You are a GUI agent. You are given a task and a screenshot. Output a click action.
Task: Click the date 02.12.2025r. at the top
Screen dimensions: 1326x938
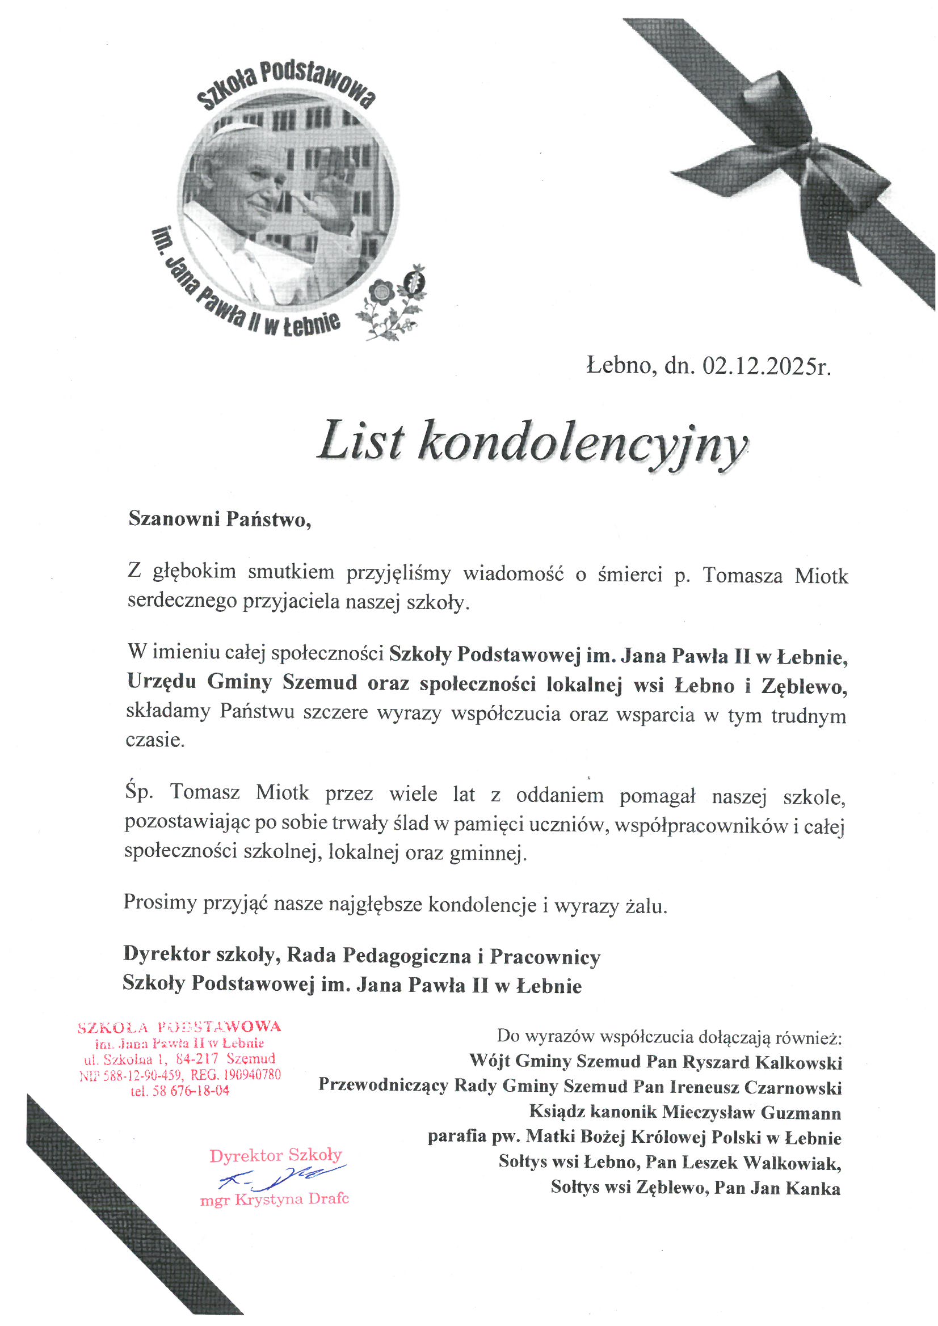point(767,366)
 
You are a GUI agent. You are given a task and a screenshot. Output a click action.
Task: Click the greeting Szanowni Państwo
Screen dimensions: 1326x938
point(219,518)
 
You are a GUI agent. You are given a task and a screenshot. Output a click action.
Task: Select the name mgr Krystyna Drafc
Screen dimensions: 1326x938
point(275,1200)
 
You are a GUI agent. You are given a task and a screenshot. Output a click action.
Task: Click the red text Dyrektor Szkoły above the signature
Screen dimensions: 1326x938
point(276,1156)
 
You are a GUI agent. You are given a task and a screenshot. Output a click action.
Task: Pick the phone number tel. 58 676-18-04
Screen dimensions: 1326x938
point(180,1091)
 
